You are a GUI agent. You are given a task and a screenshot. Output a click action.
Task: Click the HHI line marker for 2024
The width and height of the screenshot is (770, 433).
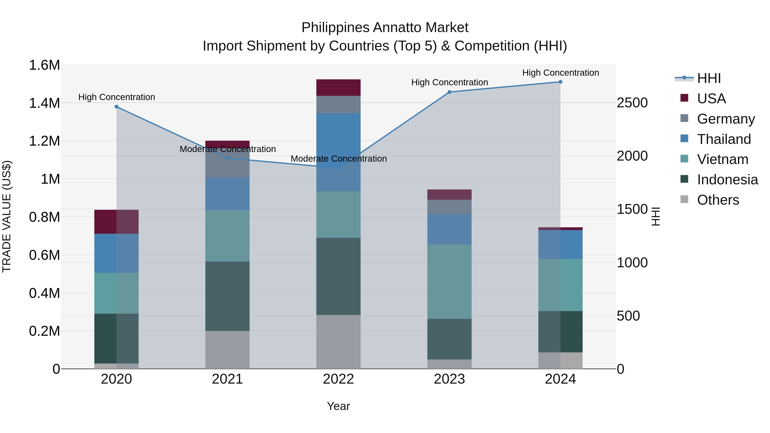(x=560, y=82)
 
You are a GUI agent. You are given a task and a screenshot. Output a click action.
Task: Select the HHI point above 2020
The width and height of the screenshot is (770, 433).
(x=117, y=107)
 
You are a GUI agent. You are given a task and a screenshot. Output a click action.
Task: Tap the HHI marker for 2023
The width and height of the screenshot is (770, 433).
(x=449, y=92)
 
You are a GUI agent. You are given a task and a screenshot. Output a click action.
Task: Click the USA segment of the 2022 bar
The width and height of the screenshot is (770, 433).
(x=338, y=87)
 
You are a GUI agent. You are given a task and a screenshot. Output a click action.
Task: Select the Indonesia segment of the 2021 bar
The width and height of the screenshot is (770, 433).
(x=228, y=296)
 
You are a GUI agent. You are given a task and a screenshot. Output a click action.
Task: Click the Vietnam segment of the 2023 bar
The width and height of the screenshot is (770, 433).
(x=449, y=281)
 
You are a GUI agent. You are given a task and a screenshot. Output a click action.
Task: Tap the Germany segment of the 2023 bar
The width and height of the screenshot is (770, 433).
(x=449, y=207)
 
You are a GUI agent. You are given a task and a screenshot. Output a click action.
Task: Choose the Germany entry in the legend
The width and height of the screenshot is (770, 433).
(x=726, y=119)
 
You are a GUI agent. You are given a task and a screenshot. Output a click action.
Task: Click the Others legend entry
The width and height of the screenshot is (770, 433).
(x=718, y=200)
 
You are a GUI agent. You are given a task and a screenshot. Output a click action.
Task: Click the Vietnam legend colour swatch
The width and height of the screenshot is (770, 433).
(x=684, y=159)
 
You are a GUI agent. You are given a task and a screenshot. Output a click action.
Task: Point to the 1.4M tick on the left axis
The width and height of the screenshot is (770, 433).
(x=44, y=103)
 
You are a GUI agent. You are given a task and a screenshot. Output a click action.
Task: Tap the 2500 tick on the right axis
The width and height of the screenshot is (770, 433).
(x=632, y=103)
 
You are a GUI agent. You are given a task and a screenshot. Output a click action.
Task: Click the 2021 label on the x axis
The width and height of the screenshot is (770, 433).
(x=228, y=379)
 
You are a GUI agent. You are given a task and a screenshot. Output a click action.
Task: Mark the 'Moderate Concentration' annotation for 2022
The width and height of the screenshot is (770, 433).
(x=339, y=159)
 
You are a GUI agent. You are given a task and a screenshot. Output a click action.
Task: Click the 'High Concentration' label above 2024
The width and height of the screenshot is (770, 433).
(x=560, y=73)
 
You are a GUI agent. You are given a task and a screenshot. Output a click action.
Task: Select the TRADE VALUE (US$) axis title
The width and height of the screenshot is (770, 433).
(x=7, y=216)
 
